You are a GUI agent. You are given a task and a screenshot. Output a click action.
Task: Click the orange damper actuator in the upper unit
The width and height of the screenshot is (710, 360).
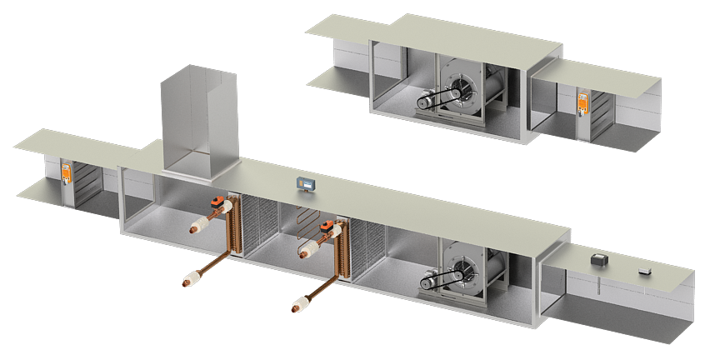click(583, 104)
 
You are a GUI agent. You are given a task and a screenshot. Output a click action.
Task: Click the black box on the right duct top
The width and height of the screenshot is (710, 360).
click(598, 261)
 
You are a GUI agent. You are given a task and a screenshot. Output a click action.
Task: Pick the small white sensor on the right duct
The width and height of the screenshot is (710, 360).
click(644, 270)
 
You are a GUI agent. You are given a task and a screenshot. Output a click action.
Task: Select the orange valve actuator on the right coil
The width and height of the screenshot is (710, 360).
click(327, 224)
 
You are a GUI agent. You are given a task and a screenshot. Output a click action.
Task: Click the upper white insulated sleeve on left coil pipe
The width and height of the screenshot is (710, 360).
click(202, 223)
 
